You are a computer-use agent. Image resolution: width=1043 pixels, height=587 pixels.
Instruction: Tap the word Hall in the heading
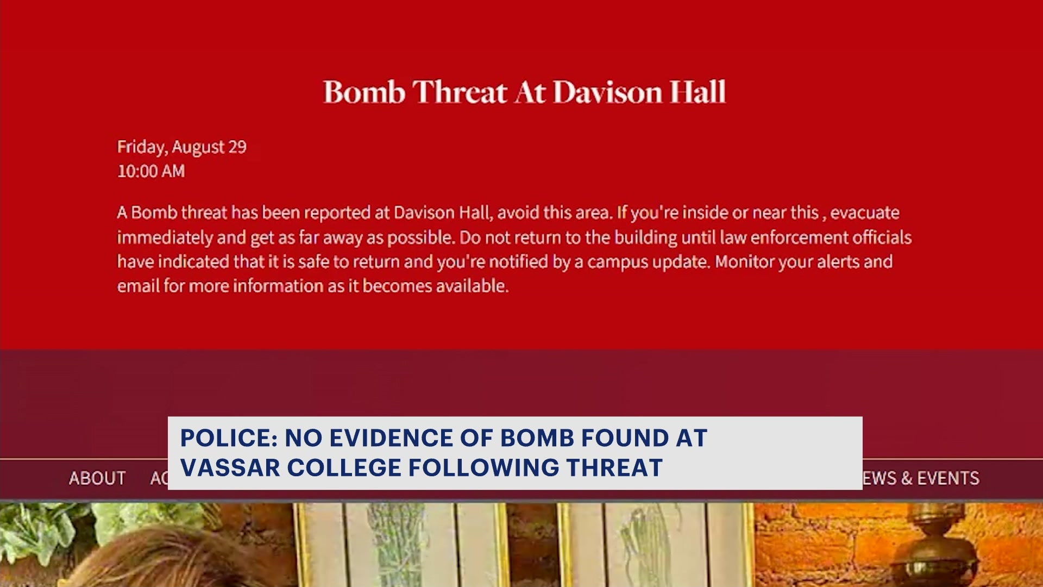point(698,91)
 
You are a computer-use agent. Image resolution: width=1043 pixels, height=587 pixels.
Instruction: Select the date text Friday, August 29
point(182,147)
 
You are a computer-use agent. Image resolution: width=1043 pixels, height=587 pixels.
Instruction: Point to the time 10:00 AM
point(151,171)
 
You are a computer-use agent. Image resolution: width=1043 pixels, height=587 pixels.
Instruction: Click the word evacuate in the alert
point(864,213)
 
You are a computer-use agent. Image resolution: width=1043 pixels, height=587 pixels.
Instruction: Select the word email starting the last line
point(138,286)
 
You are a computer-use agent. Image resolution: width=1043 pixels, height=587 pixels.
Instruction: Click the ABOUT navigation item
point(97,478)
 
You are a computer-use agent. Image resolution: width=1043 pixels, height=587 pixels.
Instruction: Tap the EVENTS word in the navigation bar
point(948,478)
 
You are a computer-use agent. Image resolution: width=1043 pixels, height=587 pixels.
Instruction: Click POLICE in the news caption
point(229,438)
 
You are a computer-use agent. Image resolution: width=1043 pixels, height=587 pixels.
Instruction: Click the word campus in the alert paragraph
point(617,263)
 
